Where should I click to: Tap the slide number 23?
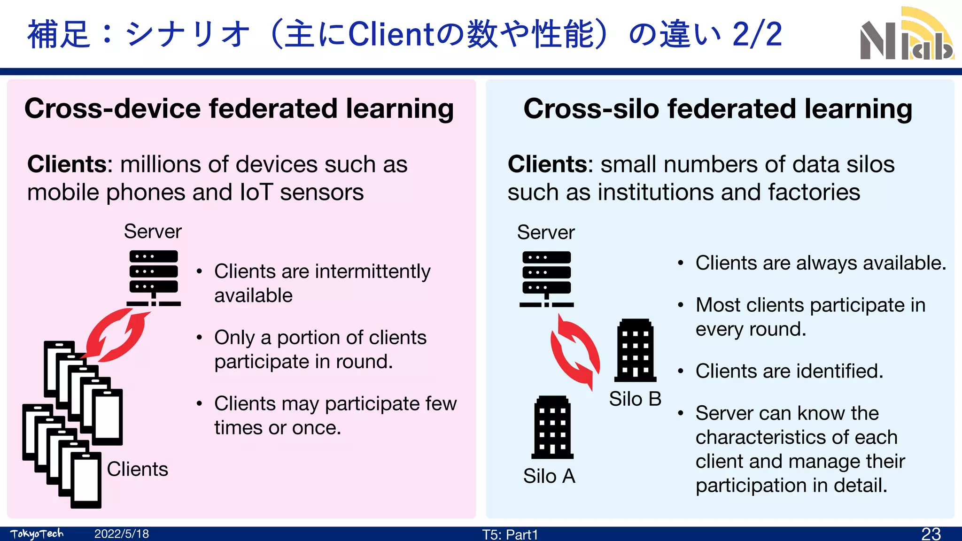(x=931, y=533)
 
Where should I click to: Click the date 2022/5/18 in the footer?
(x=122, y=534)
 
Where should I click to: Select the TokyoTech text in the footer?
(x=37, y=534)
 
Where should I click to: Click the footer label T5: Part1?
(x=510, y=534)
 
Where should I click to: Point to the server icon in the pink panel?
(x=154, y=278)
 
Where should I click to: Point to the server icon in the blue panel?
(x=546, y=279)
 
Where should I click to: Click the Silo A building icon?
(x=552, y=427)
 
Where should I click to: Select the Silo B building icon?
(x=635, y=350)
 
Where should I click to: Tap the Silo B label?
(x=635, y=399)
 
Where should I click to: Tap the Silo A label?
(x=549, y=476)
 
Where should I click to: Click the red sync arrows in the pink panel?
(x=116, y=335)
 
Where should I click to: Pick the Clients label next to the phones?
(x=137, y=469)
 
